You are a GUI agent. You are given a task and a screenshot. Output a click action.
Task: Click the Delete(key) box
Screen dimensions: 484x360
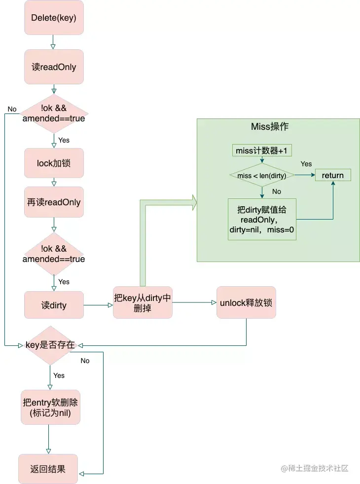[x=54, y=18]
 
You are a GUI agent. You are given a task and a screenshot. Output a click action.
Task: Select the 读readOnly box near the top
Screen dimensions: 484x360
[x=54, y=67]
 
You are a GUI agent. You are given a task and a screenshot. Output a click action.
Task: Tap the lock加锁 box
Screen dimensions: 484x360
[x=54, y=162]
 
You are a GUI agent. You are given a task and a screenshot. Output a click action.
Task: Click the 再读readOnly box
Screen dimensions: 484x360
[x=54, y=202]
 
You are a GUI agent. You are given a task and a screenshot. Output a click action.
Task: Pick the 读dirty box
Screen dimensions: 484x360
[x=54, y=305]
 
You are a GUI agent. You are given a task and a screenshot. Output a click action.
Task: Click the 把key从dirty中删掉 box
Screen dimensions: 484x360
[x=143, y=302]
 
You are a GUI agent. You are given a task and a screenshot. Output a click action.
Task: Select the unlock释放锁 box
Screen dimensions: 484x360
[x=246, y=302]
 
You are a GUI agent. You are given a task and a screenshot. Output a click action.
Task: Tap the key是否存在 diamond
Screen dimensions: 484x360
[x=51, y=345]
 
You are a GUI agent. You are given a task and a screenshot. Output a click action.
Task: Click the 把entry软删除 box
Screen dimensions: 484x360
[x=50, y=408]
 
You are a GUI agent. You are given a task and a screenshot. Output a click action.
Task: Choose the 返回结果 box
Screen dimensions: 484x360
[x=48, y=469]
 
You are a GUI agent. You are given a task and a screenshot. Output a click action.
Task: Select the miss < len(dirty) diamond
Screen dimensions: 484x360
[x=262, y=176]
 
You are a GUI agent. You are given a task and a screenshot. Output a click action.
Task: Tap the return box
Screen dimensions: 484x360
[x=333, y=175]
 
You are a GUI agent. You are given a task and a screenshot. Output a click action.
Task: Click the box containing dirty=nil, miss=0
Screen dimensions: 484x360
[x=262, y=220]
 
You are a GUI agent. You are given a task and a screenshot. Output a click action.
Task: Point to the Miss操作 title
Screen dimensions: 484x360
[x=270, y=127]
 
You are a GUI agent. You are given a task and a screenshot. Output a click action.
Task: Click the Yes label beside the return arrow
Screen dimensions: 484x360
[x=306, y=164]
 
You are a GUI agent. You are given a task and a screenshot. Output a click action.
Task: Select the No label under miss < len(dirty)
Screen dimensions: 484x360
[x=277, y=191]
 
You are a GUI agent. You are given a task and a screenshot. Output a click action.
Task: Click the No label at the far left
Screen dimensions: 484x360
[x=12, y=109]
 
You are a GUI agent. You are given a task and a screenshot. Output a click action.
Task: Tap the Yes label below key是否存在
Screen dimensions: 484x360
[x=59, y=375]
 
